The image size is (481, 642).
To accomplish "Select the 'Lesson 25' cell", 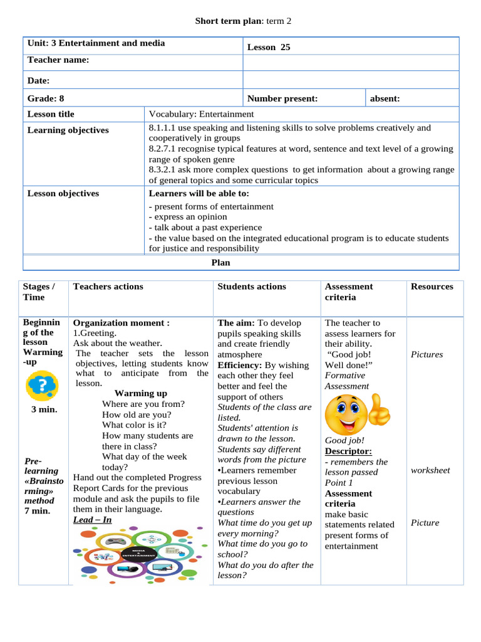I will tap(269, 47).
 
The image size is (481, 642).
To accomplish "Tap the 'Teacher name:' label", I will tap(58, 60).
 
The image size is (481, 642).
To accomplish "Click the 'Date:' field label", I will tap(38, 81).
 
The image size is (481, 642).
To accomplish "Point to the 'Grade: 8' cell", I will tap(46, 98).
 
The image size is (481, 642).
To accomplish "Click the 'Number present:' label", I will tap(282, 98).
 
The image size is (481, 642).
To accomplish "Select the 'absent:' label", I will tap(385, 98).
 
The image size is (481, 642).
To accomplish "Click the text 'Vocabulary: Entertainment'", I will tap(202, 114).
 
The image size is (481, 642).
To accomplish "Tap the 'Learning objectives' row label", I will tap(68, 130).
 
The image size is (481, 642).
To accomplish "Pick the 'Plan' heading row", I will tap(220, 263).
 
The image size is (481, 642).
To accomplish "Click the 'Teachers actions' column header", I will tap(108, 287).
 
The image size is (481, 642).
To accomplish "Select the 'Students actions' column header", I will tap(252, 287).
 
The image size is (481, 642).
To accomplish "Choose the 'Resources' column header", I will tap(432, 287).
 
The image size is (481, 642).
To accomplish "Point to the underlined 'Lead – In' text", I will tap(93, 520).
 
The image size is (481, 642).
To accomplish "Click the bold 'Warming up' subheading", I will tap(141, 394).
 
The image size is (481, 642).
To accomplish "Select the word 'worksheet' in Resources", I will tap(430, 470).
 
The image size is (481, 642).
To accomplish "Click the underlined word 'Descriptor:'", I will tap(348, 451).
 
